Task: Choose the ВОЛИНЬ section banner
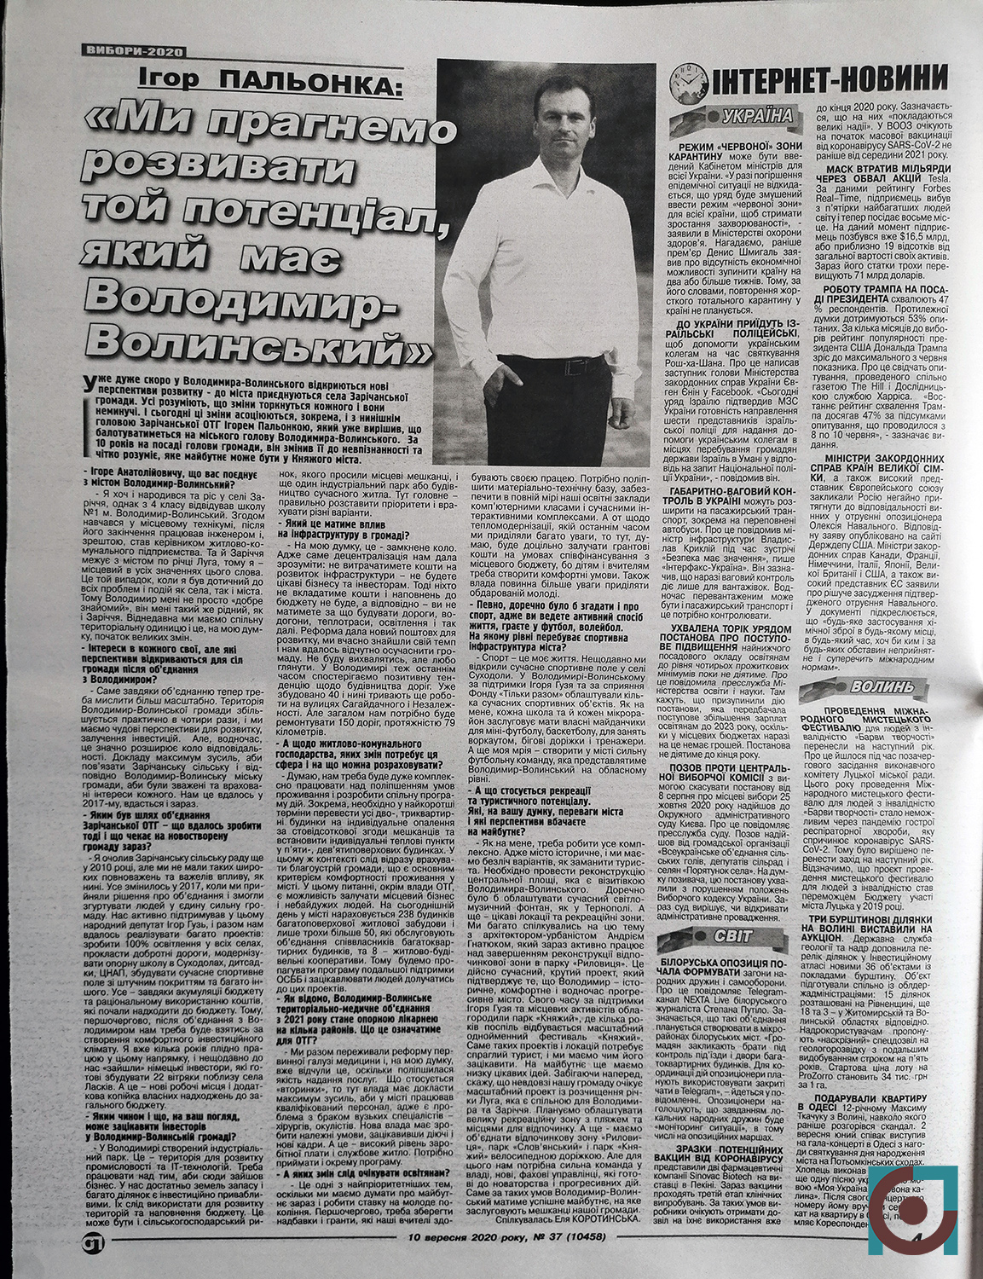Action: [878, 687]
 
